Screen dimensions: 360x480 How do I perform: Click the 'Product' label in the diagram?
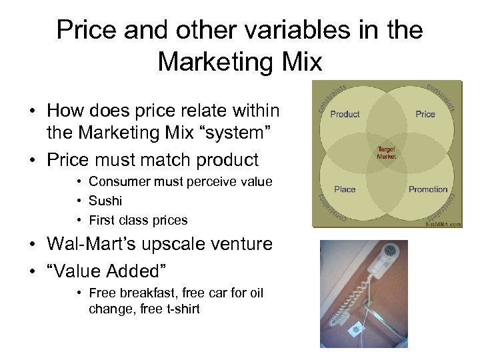pos(345,114)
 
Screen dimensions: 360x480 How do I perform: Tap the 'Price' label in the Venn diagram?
pos(425,114)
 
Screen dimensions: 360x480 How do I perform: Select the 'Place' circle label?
pos(345,189)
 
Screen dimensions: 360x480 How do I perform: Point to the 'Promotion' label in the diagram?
pos(427,189)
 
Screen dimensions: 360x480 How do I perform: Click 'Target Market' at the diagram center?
pos(387,153)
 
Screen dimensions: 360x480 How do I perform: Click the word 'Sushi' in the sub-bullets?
pos(105,201)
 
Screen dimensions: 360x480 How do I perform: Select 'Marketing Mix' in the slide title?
pos(240,62)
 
